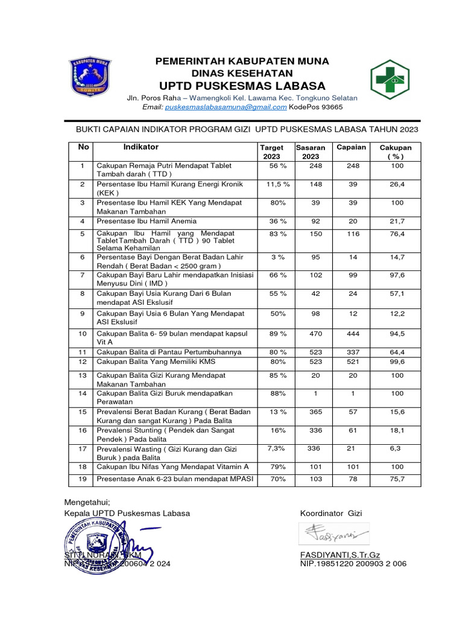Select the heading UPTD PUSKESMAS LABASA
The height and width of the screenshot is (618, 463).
pyautogui.click(x=242, y=85)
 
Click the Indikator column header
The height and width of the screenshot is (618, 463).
pyautogui.click(x=141, y=147)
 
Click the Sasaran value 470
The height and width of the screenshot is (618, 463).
pyautogui.click(x=316, y=333)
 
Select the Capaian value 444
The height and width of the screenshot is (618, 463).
pyautogui.click(x=353, y=333)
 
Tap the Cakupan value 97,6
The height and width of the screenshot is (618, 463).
pyautogui.click(x=395, y=275)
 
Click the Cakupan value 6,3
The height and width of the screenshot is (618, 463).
pyautogui.click(x=395, y=448)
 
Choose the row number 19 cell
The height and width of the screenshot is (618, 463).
pyautogui.click(x=83, y=479)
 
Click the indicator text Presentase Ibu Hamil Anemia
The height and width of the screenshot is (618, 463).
pyautogui.click(x=147, y=221)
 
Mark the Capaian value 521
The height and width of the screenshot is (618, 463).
pyautogui.click(x=353, y=362)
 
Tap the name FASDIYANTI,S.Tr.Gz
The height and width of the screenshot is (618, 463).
pyautogui.click(x=339, y=555)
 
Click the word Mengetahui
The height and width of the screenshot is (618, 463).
pyautogui.click(x=87, y=502)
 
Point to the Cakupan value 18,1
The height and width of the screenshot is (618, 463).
pyautogui.click(x=395, y=430)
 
